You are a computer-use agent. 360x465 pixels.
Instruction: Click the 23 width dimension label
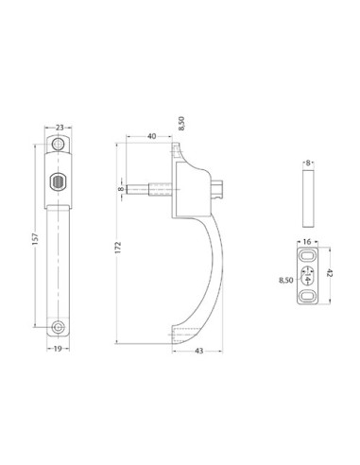(x=60, y=128)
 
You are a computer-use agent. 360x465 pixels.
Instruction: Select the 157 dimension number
(x=35, y=239)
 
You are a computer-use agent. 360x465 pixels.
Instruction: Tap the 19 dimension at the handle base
(x=58, y=349)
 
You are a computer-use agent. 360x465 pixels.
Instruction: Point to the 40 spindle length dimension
(x=151, y=136)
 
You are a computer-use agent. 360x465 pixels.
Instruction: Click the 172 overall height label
(x=118, y=248)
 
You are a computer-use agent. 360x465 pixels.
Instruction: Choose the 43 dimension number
(x=199, y=351)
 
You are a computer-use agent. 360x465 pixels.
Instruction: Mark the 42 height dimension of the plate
(x=330, y=273)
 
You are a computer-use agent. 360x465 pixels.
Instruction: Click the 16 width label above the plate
(x=307, y=242)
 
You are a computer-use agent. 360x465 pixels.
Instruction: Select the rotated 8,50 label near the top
(x=181, y=123)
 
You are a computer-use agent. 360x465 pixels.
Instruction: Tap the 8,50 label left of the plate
(x=285, y=281)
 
